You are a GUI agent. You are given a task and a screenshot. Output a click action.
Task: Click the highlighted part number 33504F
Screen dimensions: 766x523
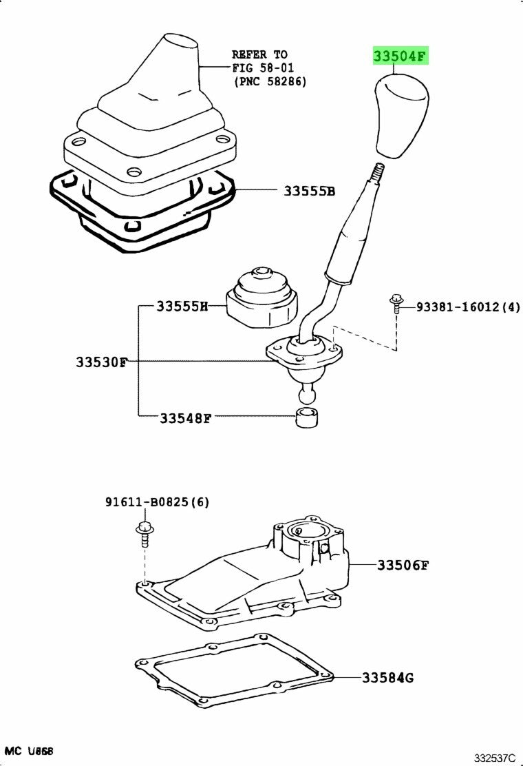(x=401, y=56)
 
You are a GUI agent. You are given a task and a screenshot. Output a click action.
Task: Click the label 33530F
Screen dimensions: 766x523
(x=102, y=362)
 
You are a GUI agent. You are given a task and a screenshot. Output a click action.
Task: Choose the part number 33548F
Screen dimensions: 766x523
(x=185, y=417)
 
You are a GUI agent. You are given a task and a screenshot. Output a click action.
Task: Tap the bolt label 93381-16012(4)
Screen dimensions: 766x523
(x=468, y=307)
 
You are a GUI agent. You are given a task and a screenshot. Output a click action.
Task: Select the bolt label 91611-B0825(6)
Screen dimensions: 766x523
(x=157, y=502)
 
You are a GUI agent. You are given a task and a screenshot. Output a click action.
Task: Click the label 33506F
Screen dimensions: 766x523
(x=403, y=566)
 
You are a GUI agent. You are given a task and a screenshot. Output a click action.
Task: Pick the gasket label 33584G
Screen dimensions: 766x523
(x=388, y=678)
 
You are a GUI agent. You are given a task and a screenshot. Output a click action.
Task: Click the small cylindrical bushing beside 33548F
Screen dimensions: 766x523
(x=307, y=417)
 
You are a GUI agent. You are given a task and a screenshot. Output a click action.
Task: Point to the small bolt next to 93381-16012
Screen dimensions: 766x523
(x=396, y=303)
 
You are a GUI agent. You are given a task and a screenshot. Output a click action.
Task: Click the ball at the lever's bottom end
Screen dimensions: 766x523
(x=307, y=394)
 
